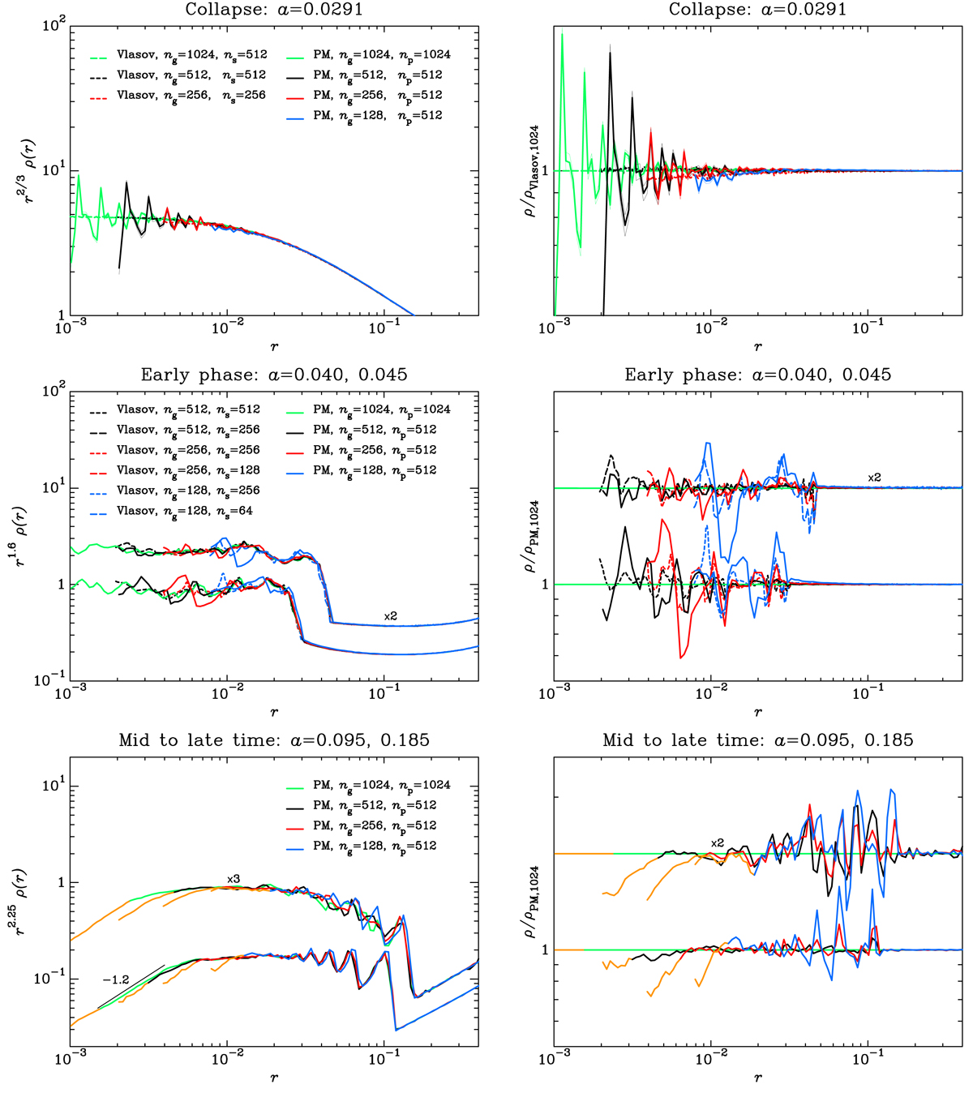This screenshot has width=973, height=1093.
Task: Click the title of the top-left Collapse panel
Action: tap(274, 10)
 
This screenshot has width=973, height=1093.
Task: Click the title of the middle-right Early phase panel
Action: tap(757, 375)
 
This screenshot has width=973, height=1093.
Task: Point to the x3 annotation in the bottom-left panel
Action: tap(234, 879)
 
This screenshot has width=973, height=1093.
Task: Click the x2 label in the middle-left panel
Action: tap(391, 616)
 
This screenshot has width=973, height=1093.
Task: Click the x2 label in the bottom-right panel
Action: tap(717, 843)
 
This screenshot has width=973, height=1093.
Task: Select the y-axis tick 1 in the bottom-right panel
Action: tap(545, 950)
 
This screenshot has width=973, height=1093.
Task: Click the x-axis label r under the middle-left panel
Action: tap(274, 712)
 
